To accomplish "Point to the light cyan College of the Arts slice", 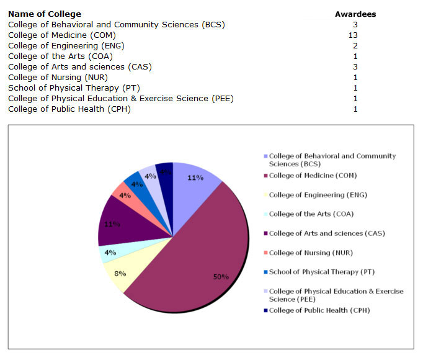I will [x=109, y=252].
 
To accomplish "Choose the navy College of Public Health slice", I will [x=165, y=171].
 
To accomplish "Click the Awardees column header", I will [x=355, y=14].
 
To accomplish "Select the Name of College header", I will [x=45, y=14].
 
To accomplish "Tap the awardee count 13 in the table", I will [x=353, y=35].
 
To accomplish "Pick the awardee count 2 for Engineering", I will [x=355, y=45].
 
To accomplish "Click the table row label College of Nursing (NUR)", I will [x=58, y=77].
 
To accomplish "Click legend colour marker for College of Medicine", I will [x=266, y=176].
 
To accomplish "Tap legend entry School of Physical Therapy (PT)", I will [x=322, y=272].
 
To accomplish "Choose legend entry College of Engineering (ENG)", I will [x=318, y=195].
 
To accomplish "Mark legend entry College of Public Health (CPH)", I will [x=319, y=310].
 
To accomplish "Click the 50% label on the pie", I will [x=221, y=277].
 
